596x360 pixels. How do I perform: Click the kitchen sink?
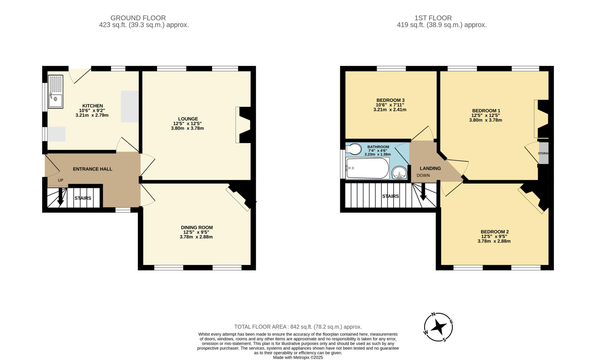55,92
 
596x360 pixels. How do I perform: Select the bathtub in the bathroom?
367,168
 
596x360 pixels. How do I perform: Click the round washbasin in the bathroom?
399,173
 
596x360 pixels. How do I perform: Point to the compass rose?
438,327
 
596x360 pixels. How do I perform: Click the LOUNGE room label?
188,119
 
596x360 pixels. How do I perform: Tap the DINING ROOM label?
197,228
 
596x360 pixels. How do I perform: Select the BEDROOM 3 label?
390,100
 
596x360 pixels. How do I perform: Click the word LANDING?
430,168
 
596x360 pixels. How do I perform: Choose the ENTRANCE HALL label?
93,169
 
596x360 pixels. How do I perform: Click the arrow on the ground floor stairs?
61,196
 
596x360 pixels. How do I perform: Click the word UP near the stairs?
61,180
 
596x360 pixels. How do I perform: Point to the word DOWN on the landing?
423,175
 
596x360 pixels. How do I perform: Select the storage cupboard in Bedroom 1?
543,153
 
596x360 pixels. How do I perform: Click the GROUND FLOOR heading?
138,18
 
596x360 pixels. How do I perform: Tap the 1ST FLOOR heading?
433,18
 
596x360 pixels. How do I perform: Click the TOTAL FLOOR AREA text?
298,327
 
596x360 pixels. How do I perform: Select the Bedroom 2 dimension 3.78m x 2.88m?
494,241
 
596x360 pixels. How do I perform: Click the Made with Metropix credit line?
298,357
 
